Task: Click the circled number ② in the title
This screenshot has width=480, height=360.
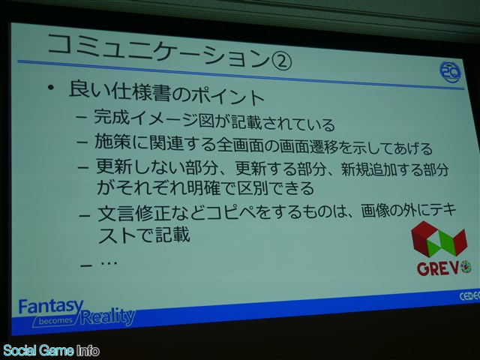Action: click(280, 61)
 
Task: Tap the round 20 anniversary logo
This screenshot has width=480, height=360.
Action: click(450, 72)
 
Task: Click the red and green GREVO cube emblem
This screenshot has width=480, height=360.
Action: click(439, 238)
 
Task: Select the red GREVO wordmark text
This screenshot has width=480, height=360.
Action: click(443, 268)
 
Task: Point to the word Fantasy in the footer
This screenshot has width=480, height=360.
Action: click(50, 307)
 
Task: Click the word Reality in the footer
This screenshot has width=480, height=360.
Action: click(108, 316)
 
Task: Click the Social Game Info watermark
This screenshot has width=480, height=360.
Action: click(51, 351)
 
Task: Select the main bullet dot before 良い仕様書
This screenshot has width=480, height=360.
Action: click(51, 88)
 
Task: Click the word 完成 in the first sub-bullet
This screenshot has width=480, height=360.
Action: click(112, 117)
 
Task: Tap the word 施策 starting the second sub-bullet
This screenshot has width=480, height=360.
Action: click(113, 142)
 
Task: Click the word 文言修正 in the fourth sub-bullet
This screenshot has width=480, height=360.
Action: click(133, 213)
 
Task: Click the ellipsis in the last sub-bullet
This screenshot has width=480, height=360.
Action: click(109, 262)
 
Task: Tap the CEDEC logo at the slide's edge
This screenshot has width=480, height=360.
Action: click(469, 296)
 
